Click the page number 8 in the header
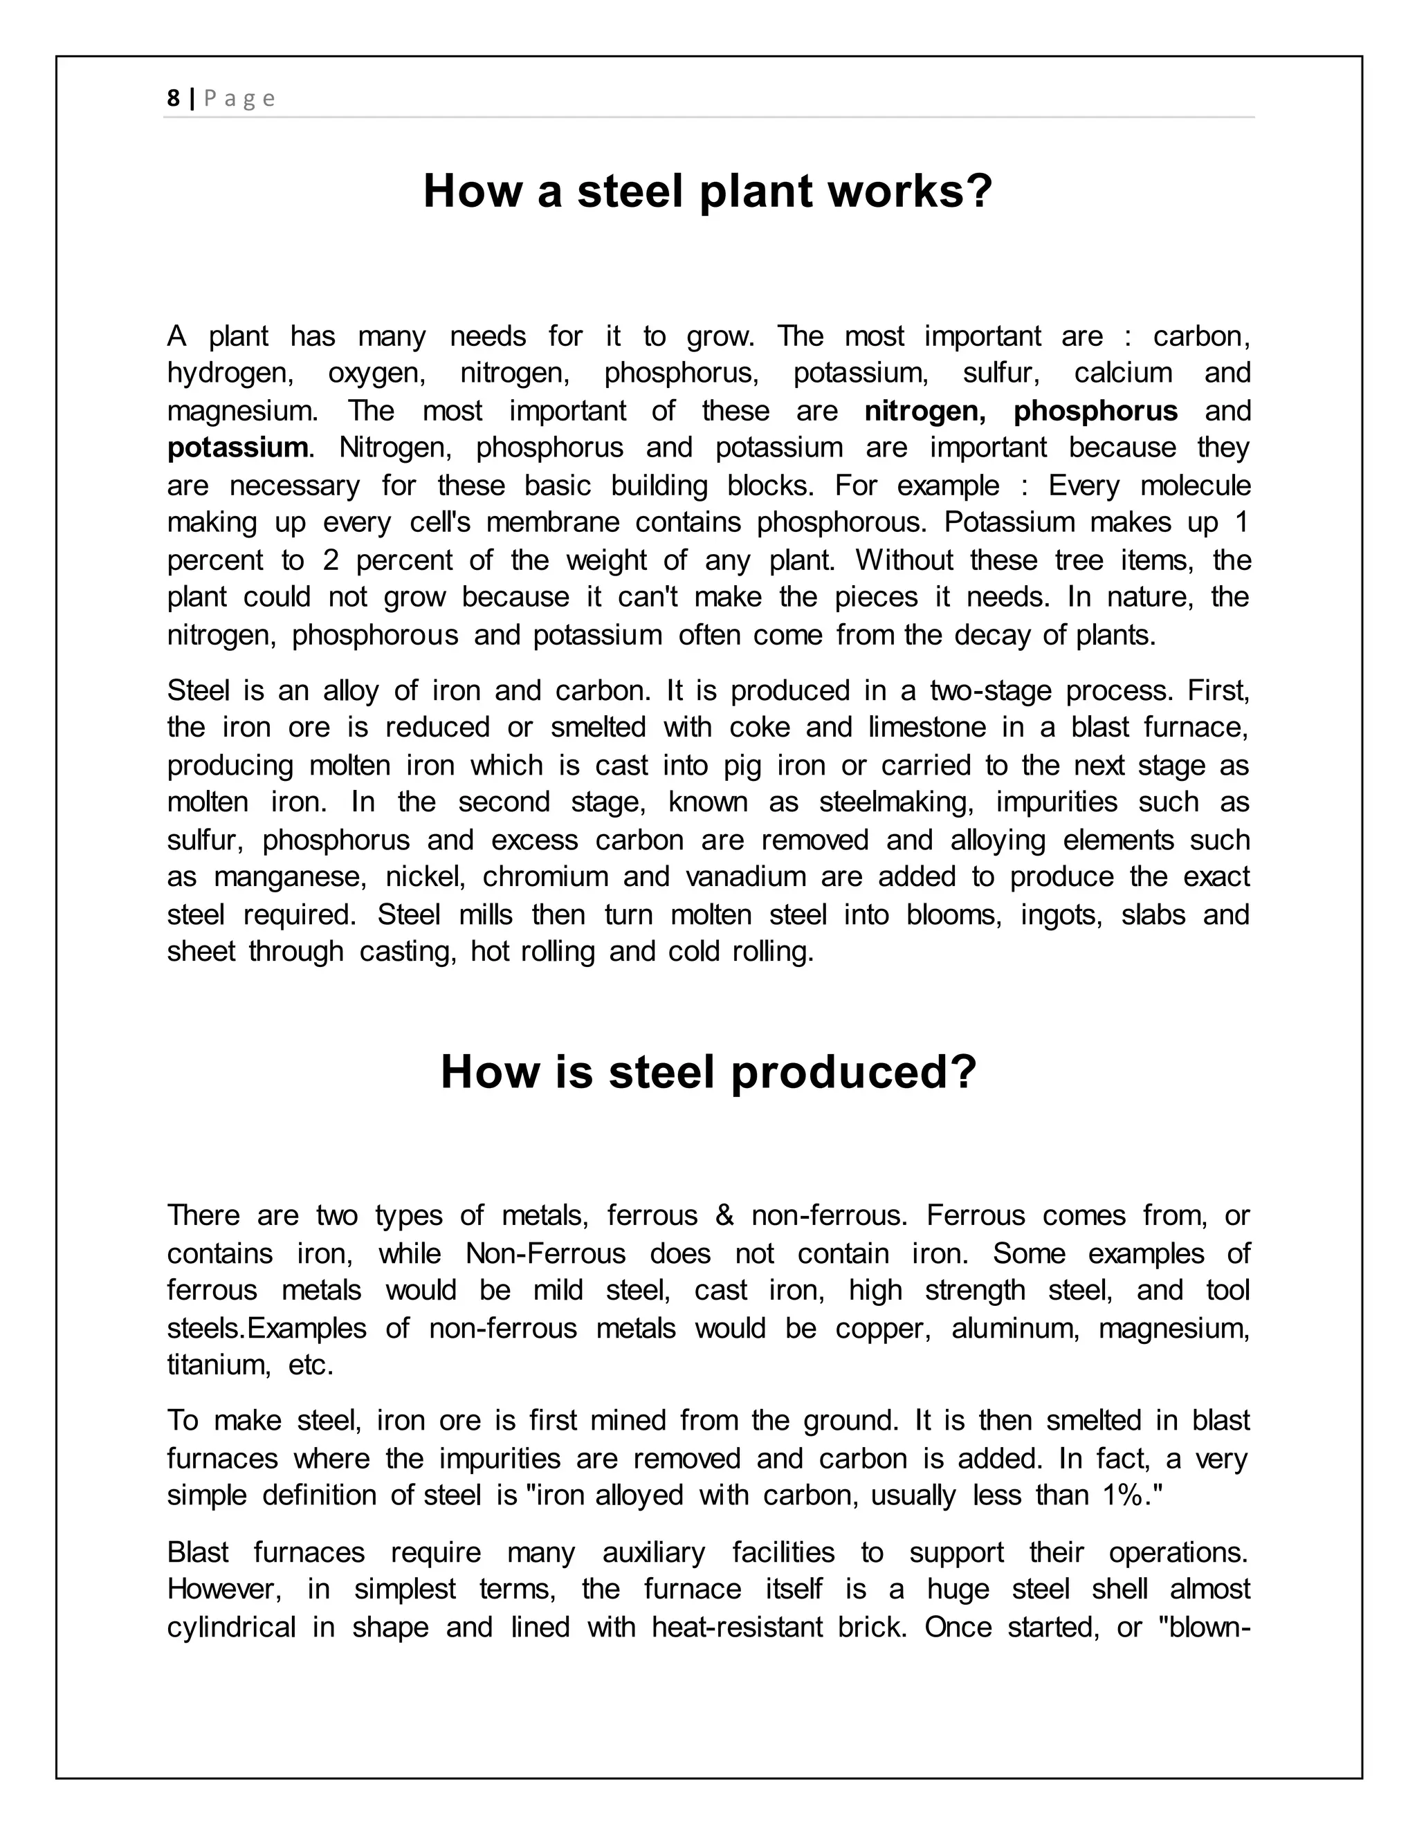point(173,99)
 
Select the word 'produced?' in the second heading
point(854,1073)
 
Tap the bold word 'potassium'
point(237,448)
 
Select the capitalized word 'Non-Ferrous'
point(546,1254)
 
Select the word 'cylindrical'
point(231,1628)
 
